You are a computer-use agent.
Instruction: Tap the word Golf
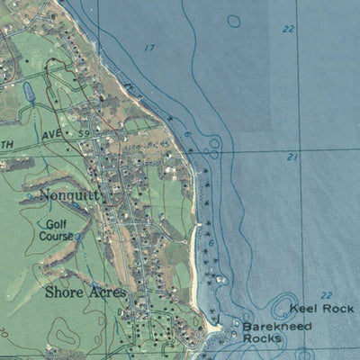pos(58,225)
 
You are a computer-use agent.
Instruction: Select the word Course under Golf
pos(56,237)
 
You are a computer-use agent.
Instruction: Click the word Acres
pos(105,292)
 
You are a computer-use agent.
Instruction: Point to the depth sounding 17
pos(149,48)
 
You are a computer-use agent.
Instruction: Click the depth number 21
pos(292,157)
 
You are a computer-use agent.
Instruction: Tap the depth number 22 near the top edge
pos(288,29)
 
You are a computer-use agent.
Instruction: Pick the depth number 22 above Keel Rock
pos(326,296)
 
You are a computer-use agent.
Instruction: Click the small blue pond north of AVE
pos(28,90)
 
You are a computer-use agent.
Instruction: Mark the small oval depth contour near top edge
pos(234,21)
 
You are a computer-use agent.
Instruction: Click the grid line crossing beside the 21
pos(298,150)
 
